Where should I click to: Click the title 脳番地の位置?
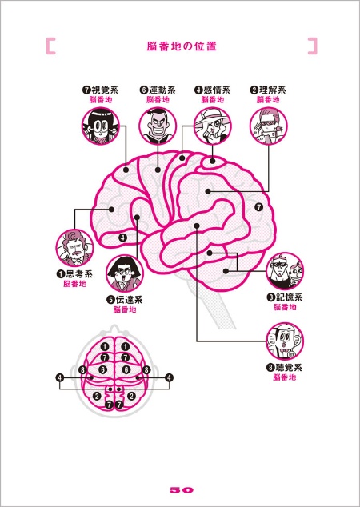click(182, 46)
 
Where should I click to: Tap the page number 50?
click(182, 490)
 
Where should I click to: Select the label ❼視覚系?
click(100, 90)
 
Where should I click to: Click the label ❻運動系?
click(158, 90)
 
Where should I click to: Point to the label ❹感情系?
click(213, 90)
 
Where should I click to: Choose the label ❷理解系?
click(268, 90)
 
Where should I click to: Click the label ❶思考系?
click(74, 273)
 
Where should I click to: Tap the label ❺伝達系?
click(125, 299)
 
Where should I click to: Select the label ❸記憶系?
click(285, 297)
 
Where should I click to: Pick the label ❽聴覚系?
click(285, 367)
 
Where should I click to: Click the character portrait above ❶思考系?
click(74, 248)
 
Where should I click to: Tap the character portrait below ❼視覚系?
click(100, 126)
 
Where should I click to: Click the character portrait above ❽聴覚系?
click(285, 341)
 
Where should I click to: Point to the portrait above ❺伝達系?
click(125, 273)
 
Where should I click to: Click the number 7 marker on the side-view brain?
click(258, 206)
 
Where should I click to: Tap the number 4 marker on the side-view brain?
click(122, 238)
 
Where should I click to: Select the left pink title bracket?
click(50, 46)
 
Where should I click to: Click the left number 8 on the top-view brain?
click(83, 369)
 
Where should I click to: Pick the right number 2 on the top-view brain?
click(131, 396)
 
